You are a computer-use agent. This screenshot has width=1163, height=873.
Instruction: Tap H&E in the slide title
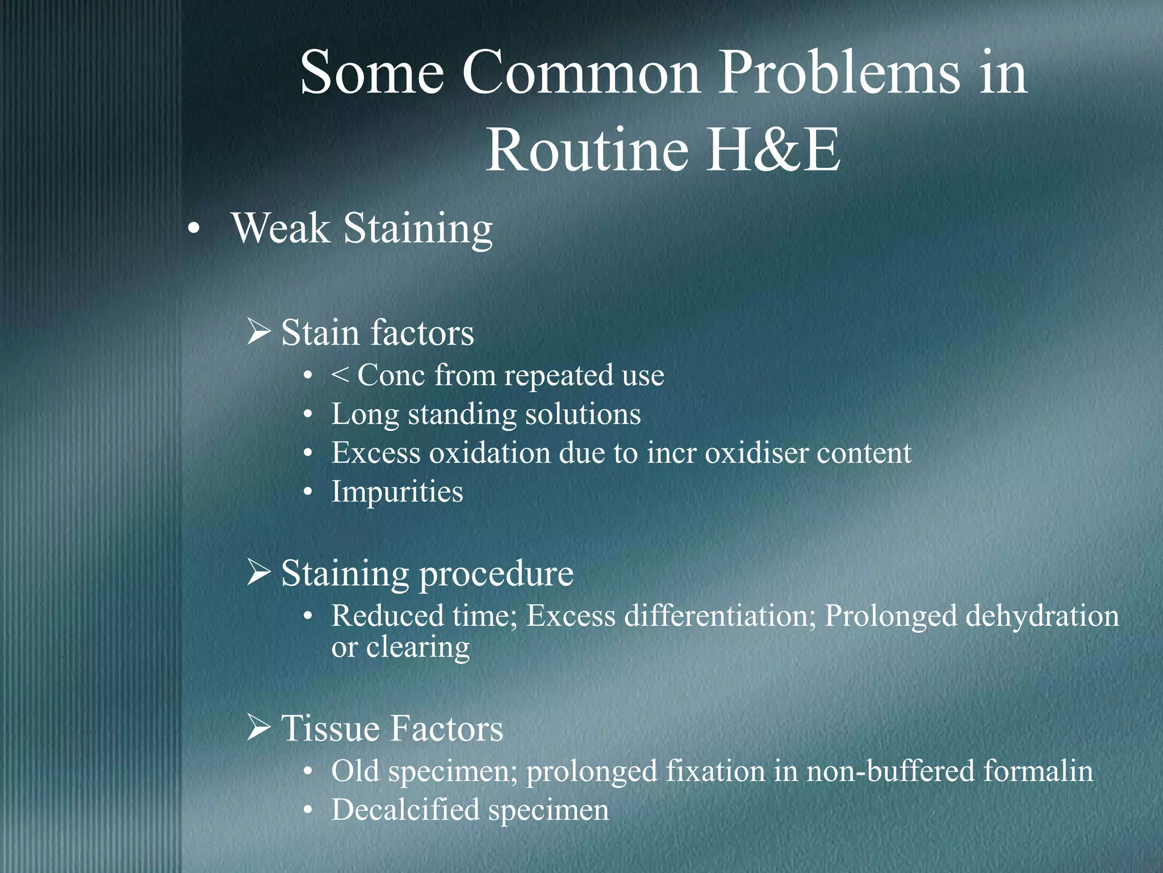click(x=775, y=151)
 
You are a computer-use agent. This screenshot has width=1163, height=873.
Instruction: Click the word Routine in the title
click(x=587, y=151)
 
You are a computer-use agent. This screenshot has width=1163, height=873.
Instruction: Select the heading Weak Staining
click(x=362, y=229)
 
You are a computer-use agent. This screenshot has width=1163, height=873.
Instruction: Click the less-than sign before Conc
click(x=340, y=376)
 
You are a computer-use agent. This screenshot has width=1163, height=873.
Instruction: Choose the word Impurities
click(x=398, y=492)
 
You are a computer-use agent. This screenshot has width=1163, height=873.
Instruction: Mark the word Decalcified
click(x=405, y=810)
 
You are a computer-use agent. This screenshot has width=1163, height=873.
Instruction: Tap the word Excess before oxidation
click(x=376, y=453)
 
